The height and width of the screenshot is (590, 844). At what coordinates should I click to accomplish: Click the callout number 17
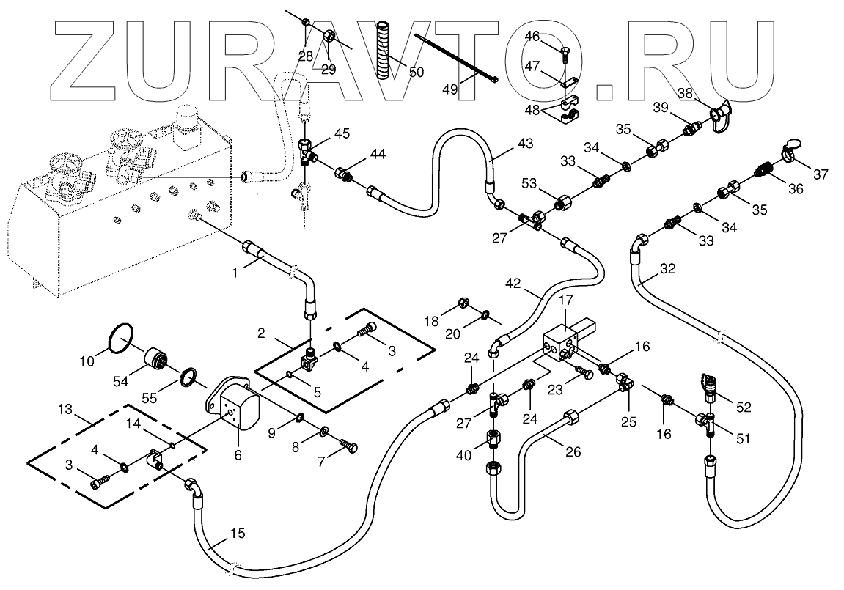click(x=565, y=300)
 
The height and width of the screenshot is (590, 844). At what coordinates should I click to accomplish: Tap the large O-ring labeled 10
click(x=119, y=342)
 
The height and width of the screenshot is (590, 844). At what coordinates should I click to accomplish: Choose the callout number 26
click(x=573, y=451)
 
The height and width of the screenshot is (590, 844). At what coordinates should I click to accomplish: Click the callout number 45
click(x=341, y=133)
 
